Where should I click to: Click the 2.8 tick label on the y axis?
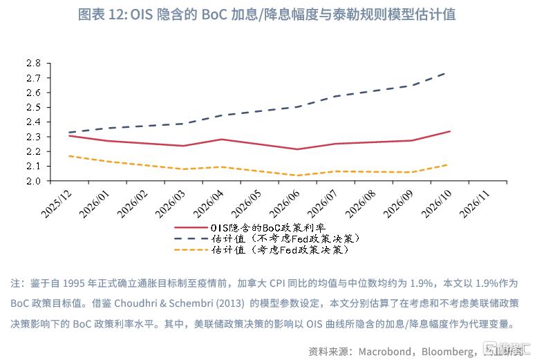[x=34, y=63]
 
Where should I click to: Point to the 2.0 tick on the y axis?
[x=34, y=181]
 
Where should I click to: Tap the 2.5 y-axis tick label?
[x=34, y=107]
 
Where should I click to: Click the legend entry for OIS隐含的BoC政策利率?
[x=266, y=227]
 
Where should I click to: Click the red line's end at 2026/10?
[x=450, y=131]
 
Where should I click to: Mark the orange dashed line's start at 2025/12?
[x=69, y=156]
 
